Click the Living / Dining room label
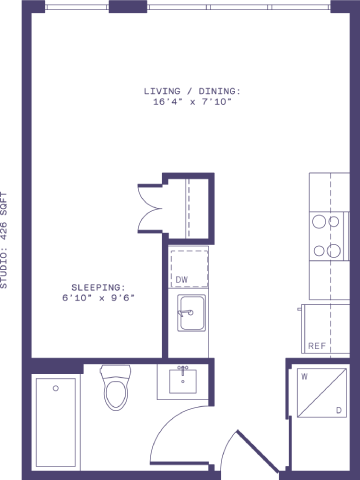(192, 91)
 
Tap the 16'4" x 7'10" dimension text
(192, 102)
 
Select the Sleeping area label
(97, 285)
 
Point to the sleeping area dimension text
(97, 297)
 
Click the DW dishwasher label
(182, 280)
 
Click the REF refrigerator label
(315, 345)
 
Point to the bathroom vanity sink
(183, 381)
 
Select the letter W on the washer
(302, 378)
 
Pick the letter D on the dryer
(339, 411)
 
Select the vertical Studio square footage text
(7, 240)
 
